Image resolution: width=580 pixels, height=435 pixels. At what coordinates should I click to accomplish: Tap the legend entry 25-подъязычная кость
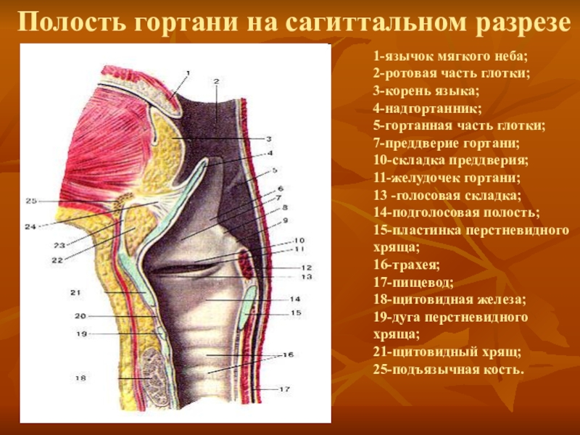448,370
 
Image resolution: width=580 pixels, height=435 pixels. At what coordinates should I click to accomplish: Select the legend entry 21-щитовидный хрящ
447,352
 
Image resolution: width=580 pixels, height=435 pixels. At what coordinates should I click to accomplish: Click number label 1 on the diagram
187,72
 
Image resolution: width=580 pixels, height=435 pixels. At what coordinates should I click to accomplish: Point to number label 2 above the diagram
216,81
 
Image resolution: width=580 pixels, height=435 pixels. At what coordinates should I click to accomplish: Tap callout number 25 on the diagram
30,201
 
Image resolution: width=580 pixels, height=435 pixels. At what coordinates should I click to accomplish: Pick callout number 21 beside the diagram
75,292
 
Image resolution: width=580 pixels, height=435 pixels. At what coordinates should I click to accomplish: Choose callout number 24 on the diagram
30,226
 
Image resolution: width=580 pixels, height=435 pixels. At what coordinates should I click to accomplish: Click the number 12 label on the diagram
307,268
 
